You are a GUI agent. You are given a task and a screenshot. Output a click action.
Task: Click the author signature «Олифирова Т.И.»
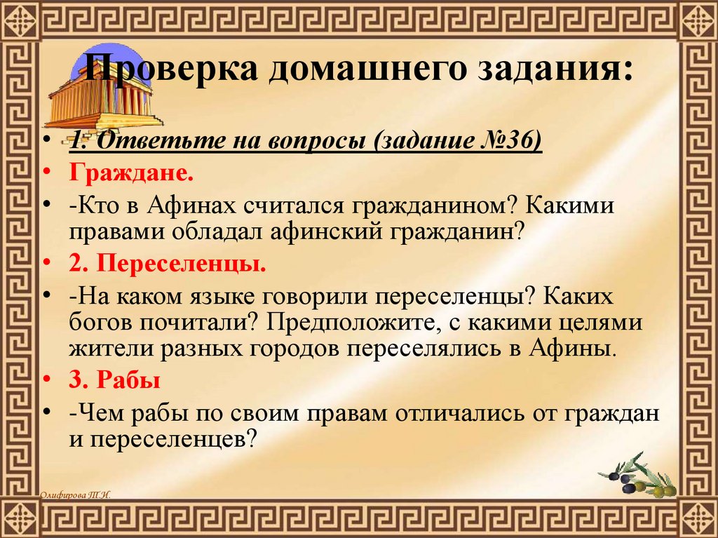(x=75, y=495)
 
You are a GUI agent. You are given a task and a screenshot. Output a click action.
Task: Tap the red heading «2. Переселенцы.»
(x=168, y=265)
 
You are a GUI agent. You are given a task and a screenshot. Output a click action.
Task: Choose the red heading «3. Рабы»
(x=115, y=381)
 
